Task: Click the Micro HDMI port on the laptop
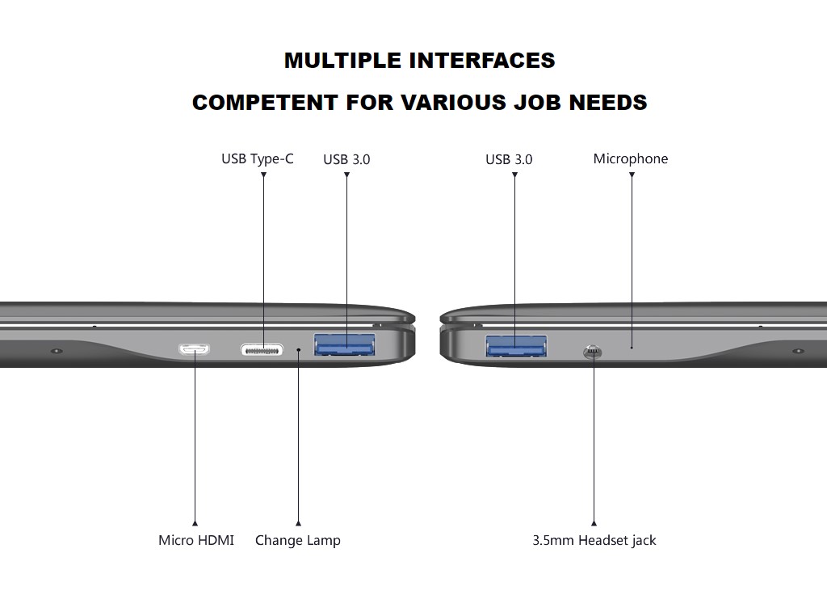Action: pyautogui.click(x=195, y=350)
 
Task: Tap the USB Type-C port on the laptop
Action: pyautogui.click(x=262, y=350)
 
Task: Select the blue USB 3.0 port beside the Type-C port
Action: pyautogui.click(x=346, y=347)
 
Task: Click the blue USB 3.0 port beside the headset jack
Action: pyautogui.click(x=516, y=346)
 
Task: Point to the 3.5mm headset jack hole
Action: pyautogui.click(x=593, y=352)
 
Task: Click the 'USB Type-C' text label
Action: pyautogui.click(x=258, y=158)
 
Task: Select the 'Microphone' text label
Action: pyautogui.click(x=631, y=158)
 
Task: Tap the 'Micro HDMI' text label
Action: pyautogui.click(x=196, y=540)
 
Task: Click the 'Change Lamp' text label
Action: pyautogui.click(x=298, y=540)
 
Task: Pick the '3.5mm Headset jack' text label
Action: pyautogui.click(x=594, y=540)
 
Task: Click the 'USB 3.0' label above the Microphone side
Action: pyautogui.click(x=509, y=159)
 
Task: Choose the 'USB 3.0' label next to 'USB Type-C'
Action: pyautogui.click(x=346, y=159)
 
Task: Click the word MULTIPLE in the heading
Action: pyautogui.click(x=342, y=61)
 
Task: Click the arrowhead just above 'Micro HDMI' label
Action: pyautogui.click(x=195, y=524)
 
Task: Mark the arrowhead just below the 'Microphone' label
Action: pyautogui.click(x=632, y=175)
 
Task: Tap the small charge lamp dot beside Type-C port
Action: pyautogui.click(x=299, y=350)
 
